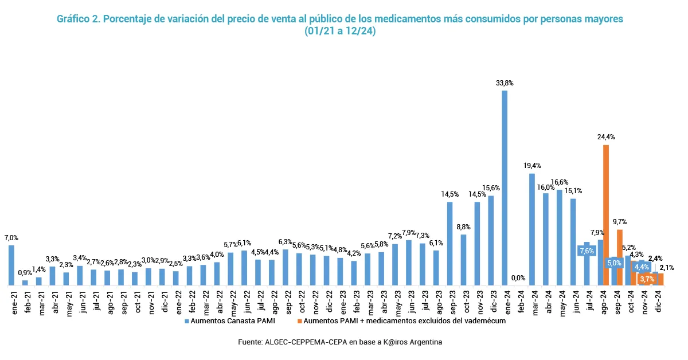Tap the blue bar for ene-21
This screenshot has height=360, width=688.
[11, 265]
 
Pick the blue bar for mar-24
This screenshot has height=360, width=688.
[532, 229]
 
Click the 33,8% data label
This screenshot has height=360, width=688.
[505, 83]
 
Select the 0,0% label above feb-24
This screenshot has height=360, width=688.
[518, 278]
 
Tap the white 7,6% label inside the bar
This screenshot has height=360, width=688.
[586, 251]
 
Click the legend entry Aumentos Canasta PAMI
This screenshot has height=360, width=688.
[229, 322]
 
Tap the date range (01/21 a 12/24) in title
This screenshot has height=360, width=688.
[340, 32]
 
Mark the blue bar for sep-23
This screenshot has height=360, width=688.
[450, 244]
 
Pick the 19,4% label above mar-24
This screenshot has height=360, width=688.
[532, 166]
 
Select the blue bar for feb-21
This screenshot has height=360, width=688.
[25, 283]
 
